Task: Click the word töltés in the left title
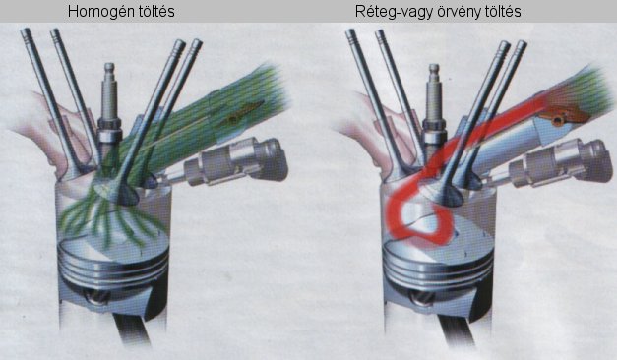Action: pyautogui.click(x=154, y=11)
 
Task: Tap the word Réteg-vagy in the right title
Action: pyautogui.click(x=393, y=12)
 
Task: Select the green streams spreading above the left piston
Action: pyautogui.click(x=110, y=220)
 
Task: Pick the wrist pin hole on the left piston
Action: pyautogui.click(x=96, y=296)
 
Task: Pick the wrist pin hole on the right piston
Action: pyautogui.click(x=421, y=297)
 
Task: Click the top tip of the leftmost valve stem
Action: pyautogui.click(x=26, y=30)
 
